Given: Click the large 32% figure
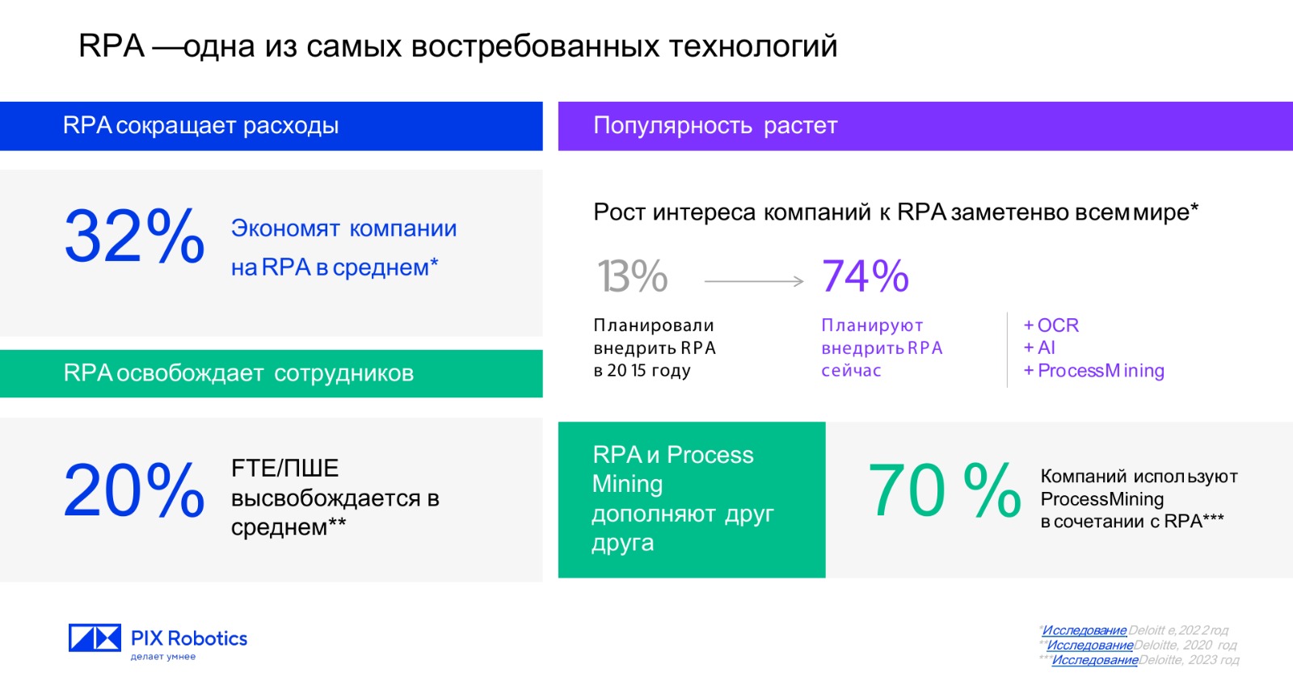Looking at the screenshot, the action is (134, 237).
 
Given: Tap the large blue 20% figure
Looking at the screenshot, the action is (134, 490).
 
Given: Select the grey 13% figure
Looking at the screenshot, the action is (633, 275).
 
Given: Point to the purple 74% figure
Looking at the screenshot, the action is (865, 275).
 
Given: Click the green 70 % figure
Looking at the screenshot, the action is (945, 490).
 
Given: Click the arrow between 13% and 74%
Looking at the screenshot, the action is (754, 281).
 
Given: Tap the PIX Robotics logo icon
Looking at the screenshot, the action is (95, 637).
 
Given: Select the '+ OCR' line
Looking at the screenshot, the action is (1051, 326).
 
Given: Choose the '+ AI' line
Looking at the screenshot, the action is (1039, 348).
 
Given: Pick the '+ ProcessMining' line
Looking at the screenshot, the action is (1094, 371).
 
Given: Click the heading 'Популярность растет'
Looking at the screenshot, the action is (715, 126).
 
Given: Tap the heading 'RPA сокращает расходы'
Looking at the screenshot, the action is (200, 126).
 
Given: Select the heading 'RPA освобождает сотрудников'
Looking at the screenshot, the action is (238, 373).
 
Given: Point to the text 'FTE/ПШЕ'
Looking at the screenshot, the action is (284, 468).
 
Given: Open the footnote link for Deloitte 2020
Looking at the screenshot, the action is (1090, 645).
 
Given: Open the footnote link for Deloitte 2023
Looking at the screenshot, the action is (1095, 660).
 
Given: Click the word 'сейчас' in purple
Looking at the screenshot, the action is (852, 371).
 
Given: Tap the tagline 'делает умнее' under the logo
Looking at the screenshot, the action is (163, 657).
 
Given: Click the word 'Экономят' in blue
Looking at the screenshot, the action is (285, 229).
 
